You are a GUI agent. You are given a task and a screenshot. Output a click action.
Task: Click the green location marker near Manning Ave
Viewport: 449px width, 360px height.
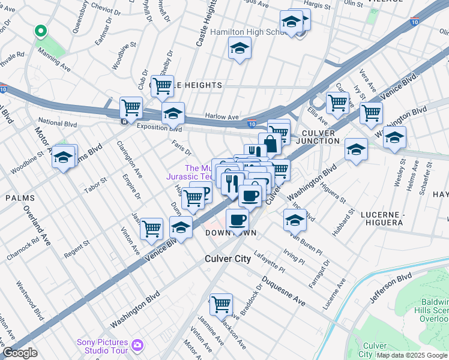[40, 31]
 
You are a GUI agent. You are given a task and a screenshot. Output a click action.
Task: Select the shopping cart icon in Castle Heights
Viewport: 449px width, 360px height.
[162, 86]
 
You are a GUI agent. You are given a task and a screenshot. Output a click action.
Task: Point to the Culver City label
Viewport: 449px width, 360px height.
[224, 259]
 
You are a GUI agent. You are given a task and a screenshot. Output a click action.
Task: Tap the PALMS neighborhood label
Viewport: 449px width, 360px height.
[20, 197]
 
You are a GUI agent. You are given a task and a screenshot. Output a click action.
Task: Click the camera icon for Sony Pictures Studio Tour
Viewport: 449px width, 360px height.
[138, 345]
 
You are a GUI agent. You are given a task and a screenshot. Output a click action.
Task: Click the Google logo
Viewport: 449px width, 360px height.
[20, 353]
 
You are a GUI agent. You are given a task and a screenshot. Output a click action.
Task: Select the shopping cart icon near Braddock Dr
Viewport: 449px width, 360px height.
[221, 304]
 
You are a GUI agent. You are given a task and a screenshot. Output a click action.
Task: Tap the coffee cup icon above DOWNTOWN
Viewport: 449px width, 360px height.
[237, 219]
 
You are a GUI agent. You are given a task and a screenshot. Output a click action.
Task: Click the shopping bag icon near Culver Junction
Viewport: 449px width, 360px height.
[270, 143]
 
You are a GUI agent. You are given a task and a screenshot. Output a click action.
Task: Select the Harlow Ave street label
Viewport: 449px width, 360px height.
[222, 117]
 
